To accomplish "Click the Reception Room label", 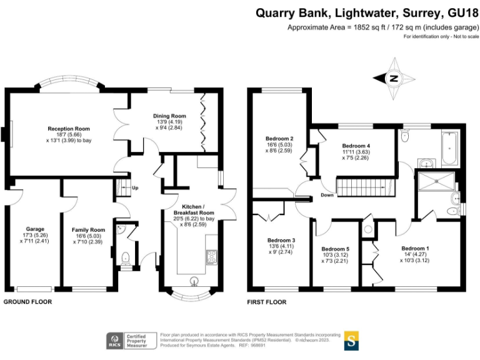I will tap(69, 129).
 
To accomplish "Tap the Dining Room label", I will tap(170, 116).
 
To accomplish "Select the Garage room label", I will tap(35, 229).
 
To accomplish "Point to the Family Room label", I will tap(88, 230).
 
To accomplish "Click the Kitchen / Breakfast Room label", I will tap(197, 210).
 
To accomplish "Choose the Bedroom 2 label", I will tap(279, 138).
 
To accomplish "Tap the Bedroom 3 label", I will tap(281, 241).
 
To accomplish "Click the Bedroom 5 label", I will tap(335, 249).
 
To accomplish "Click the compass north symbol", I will tap(394, 79).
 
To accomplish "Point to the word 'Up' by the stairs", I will tap(134, 187).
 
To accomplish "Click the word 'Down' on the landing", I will tap(327, 195).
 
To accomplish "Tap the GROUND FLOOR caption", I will tap(27, 302).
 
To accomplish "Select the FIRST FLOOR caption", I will tap(267, 302).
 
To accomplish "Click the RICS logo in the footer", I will tap(115, 341).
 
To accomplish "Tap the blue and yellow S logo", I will tap(351, 341).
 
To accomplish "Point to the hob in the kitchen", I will tap(212, 257).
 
